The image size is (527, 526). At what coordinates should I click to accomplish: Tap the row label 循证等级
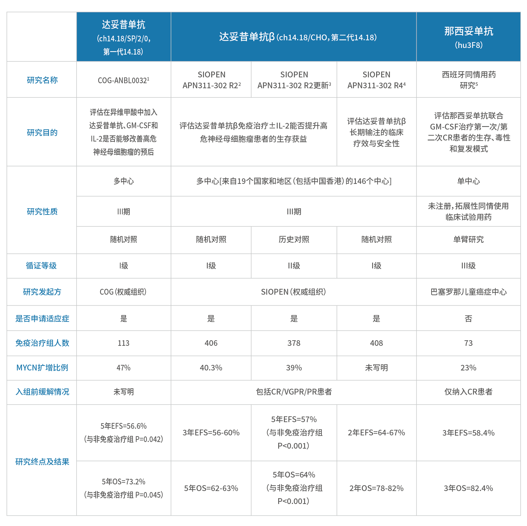42,266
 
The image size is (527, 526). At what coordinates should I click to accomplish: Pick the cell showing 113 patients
124,343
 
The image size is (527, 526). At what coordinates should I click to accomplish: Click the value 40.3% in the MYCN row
211,368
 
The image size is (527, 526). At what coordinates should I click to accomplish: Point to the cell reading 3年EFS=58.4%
468,433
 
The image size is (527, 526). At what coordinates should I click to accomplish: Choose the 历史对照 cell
294,240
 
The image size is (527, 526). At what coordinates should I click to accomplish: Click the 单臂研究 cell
468,240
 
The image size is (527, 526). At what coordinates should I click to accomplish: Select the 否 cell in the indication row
468,319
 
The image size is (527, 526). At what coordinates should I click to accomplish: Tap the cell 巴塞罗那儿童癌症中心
468,292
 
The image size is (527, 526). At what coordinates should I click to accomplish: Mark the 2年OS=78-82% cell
376,488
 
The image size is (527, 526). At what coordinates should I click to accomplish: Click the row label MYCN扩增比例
42,368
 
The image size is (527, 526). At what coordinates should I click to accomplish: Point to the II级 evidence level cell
294,266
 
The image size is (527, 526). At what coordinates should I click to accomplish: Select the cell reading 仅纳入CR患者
468,392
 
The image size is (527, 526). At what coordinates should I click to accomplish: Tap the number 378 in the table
294,343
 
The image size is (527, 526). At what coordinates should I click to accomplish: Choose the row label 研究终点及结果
42,462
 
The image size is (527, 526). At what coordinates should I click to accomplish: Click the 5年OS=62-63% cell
211,488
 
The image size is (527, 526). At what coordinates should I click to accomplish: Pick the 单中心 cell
468,181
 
